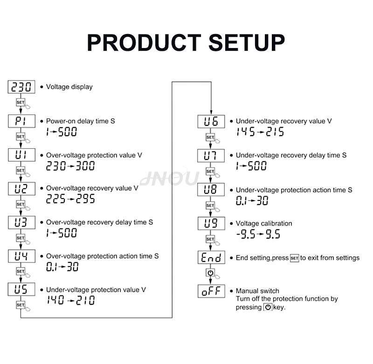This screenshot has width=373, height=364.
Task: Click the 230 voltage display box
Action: coord(21,87)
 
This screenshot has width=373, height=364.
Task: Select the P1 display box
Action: coord(21,121)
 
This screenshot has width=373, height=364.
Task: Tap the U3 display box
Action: coord(21,222)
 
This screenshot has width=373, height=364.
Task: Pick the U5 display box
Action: coord(21,289)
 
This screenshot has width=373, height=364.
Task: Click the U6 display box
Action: coord(211,122)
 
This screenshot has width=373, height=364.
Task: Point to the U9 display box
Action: coord(211,223)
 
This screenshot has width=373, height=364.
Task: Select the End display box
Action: coord(211,257)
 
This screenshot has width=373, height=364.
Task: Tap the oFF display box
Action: coord(211,291)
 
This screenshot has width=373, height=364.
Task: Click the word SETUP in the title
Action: coord(247,42)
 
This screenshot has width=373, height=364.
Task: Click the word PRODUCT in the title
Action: coord(144,42)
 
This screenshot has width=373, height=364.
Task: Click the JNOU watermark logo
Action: coord(170,177)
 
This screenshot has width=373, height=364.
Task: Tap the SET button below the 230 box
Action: coord(21,102)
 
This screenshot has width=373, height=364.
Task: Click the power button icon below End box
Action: coord(210,273)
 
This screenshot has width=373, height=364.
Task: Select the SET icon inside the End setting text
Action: coord(295,258)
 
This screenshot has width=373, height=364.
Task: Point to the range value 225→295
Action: coord(70,199)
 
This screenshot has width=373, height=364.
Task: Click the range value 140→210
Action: coord(71,300)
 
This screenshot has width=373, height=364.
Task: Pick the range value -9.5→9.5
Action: coord(258,234)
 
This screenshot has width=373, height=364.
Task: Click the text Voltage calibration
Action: coord(264,224)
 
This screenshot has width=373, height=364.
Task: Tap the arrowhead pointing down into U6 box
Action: coord(211,112)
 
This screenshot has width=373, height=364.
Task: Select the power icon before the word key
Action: coord(268,307)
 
